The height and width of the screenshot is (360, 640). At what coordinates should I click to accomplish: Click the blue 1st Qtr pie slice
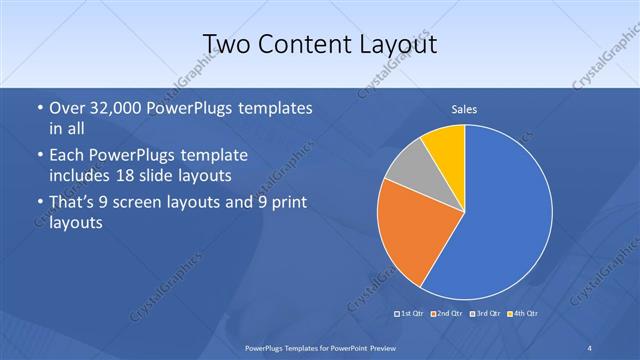tap(500, 220)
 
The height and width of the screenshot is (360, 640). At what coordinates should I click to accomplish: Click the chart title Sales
tap(464, 108)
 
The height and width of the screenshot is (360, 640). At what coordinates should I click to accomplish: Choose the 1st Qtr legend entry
tap(411, 314)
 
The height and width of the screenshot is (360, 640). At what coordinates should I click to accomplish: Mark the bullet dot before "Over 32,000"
tap(39, 108)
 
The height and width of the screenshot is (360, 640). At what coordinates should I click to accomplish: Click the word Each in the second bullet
tap(67, 157)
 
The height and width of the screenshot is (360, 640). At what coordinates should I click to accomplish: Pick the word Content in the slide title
tap(304, 44)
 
